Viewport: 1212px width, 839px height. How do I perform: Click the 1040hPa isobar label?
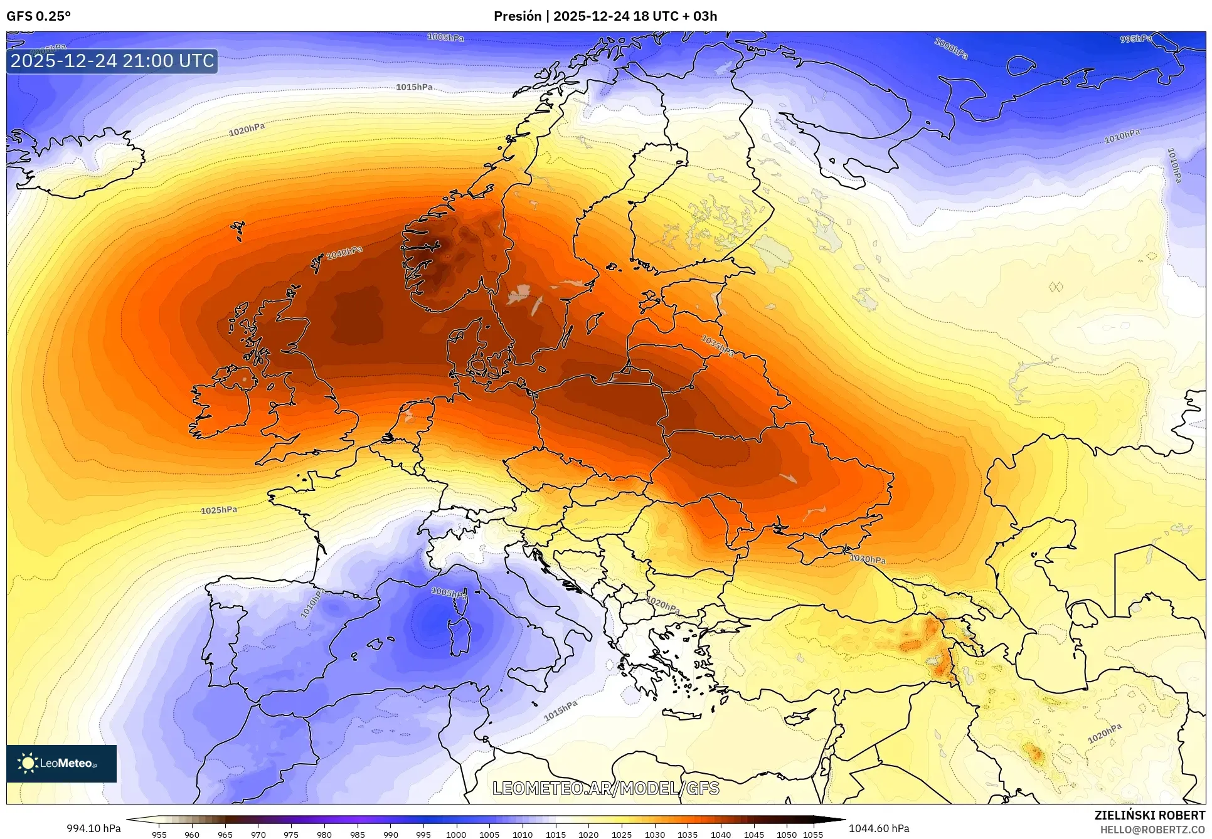tap(344, 253)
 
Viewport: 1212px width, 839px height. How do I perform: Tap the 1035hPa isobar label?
tap(718, 346)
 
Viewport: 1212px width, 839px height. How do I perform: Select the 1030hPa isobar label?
tap(868, 559)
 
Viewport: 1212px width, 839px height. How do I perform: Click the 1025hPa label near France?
tap(219, 510)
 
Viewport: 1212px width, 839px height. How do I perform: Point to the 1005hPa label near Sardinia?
tap(449, 593)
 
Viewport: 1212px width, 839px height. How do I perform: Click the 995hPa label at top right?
tap(1136, 39)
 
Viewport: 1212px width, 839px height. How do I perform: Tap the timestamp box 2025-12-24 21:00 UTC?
tap(112, 61)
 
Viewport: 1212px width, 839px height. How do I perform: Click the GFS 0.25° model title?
tap(39, 16)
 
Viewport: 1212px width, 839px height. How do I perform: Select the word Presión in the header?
tap(517, 16)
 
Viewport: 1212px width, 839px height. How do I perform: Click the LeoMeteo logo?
tap(61, 763)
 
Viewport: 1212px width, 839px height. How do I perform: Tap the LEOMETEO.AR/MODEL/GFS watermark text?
tap(605, 788)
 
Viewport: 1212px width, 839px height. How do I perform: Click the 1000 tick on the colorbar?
tap(456, 834)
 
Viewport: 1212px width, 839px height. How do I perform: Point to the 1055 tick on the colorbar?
tap(813, 834)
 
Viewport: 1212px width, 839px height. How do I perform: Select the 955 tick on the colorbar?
tap(159, 834)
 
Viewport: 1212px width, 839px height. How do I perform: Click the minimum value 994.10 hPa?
tap(93, 828)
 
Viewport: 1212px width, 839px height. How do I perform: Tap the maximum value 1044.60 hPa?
tap(878, 828)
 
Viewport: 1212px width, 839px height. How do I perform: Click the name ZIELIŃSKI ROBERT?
tap(1149, 815)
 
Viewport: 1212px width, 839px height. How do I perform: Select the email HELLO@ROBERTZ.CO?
tap(1152, 830)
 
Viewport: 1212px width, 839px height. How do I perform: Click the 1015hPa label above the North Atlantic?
tap(414, 87)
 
